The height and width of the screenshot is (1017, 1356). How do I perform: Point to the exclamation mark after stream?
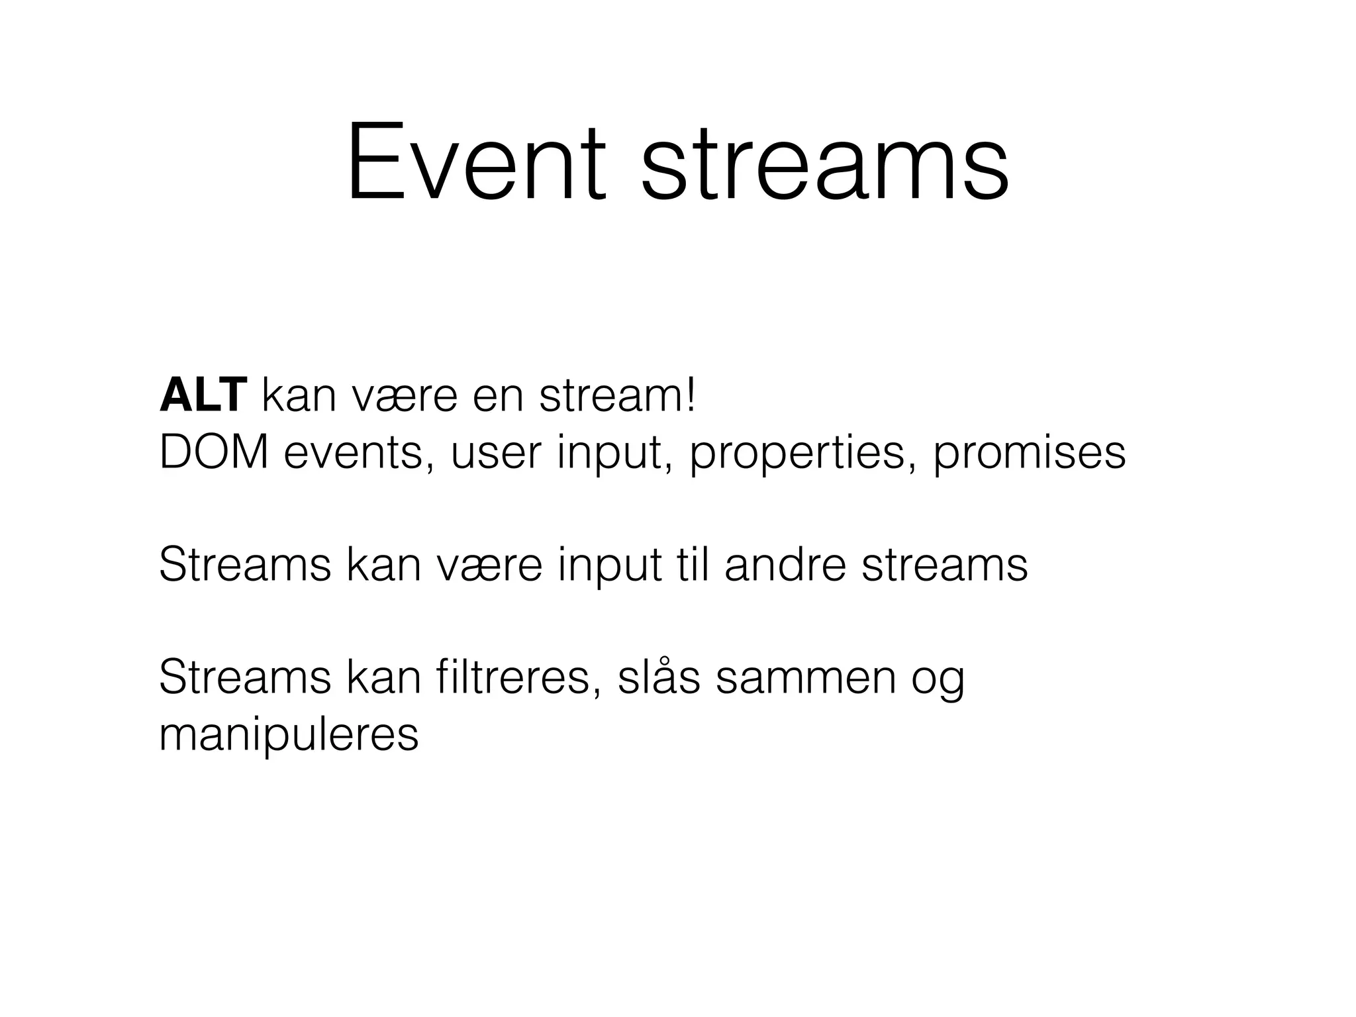(691, 396)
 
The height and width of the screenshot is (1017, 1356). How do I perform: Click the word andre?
(785, 565)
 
